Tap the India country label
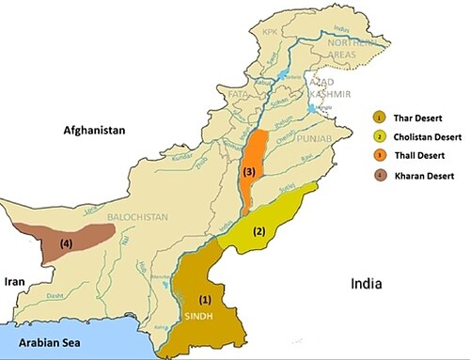coord(369,283)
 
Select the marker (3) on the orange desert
coord(248,173)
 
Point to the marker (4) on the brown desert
coord(66,243)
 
